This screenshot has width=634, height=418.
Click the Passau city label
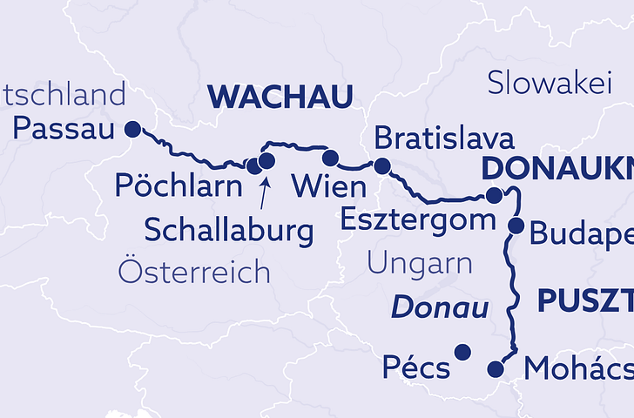[64, 131]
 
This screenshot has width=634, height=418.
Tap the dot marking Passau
[132, 129]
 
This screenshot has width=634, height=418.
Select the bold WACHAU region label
[280, 97]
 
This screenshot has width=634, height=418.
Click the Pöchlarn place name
[179, 187]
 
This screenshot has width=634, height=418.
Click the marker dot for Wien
[330, 158]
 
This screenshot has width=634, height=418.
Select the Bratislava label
[443, 138]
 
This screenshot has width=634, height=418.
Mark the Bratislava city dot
[381, 165]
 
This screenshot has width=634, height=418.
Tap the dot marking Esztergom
[494, 195]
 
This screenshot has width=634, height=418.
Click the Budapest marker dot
[516, 226]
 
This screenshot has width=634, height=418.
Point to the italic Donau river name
[438, 307]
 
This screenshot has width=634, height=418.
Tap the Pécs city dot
[462, 352]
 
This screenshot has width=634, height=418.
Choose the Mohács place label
[577, 369]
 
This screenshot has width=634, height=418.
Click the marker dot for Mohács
[496, 367]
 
